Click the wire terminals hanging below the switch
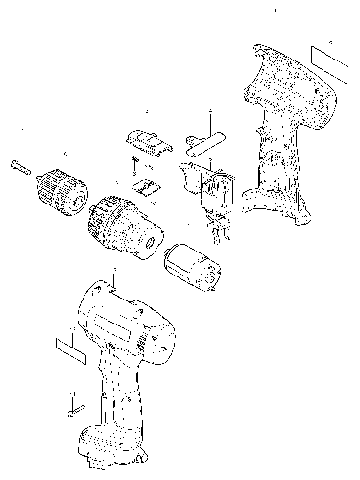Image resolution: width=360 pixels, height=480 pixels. (x=219, y=228)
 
